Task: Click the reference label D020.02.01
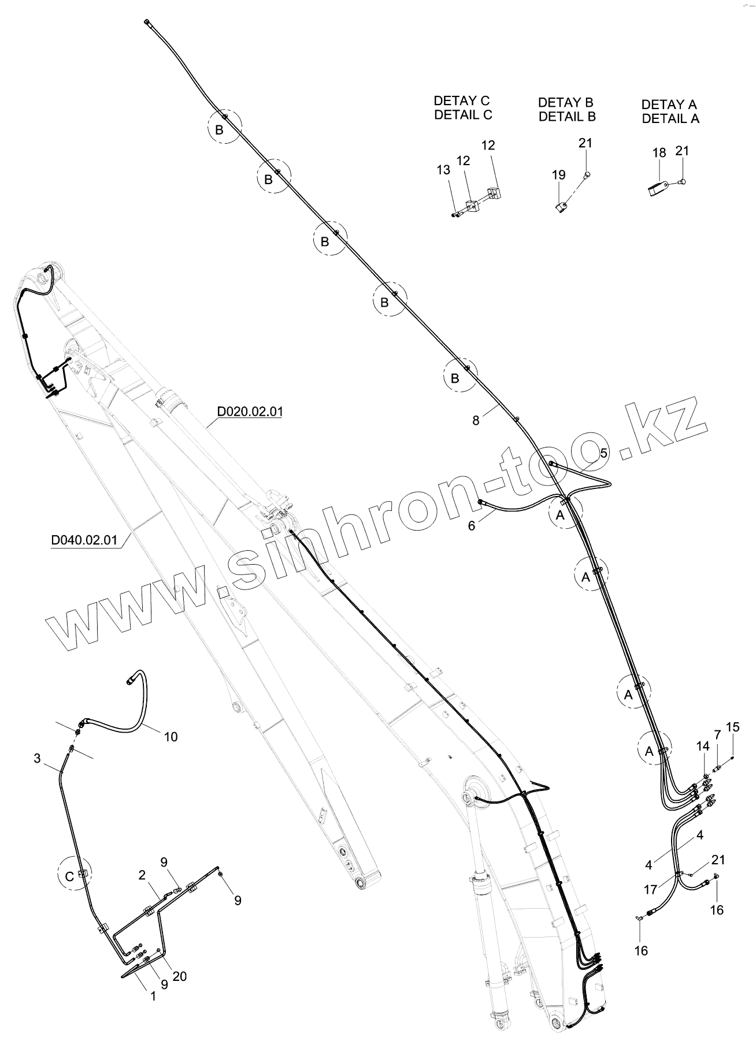(x=250, y=412)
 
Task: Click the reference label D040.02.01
(x=84, y=540)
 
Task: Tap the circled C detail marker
(x=69, y=876)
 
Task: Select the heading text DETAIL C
(x=463, y=115)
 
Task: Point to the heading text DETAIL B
(x=566, y=117)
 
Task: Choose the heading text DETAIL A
(x=670, y=119)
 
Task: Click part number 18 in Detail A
(x=659, y=152)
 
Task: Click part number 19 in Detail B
(x=559, y=174)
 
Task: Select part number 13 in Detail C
(x=443, y=170)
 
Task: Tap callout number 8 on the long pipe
(x=476, y=420)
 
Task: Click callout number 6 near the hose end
(x=472, y=526)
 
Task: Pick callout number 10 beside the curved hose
(x=171, y=737)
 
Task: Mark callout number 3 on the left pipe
(x=38, y=758)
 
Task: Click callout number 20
(x=179, y=976)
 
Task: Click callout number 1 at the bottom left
(x=153, y=996)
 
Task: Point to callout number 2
(x=142, y=875)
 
